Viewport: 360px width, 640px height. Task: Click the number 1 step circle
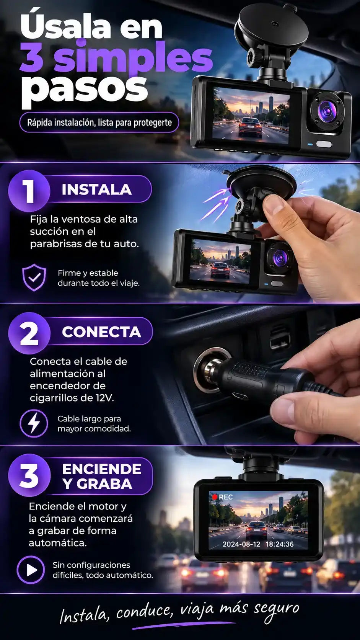[x=29, y=191]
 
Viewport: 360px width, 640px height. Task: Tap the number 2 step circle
[x=29, y=333]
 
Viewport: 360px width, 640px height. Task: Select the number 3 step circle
[x=29, y=475]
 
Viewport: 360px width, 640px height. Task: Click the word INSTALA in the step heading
[x=96, y=189]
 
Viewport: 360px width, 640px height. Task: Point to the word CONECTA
[x=101, y=332]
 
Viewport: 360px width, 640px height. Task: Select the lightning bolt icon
[x=34, y=423]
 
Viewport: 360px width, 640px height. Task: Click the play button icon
[x=31, y=570]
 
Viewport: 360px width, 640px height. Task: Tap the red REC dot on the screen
[x=215, y=497]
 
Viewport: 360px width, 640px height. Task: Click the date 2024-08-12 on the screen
[x=241, y=544]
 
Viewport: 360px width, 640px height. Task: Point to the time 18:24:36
[x=280, y=544]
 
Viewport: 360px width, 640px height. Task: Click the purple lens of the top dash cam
[x=327, y=111]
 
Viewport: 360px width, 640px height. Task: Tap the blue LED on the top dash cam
[x=310, y=144]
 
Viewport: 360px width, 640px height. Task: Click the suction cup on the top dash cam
[x=271, y=27]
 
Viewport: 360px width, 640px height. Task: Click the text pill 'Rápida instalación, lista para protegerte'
[x=99, y=122]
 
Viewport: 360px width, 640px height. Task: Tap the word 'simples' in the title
[x=133, y=57]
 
